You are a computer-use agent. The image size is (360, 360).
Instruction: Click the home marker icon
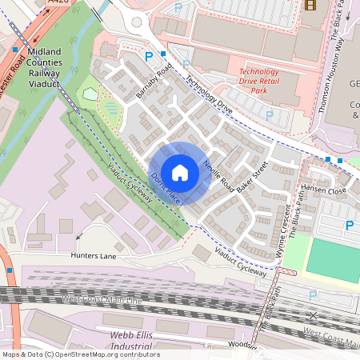[180, 173]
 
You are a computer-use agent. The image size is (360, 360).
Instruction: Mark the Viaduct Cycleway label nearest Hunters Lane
[240, 262]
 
